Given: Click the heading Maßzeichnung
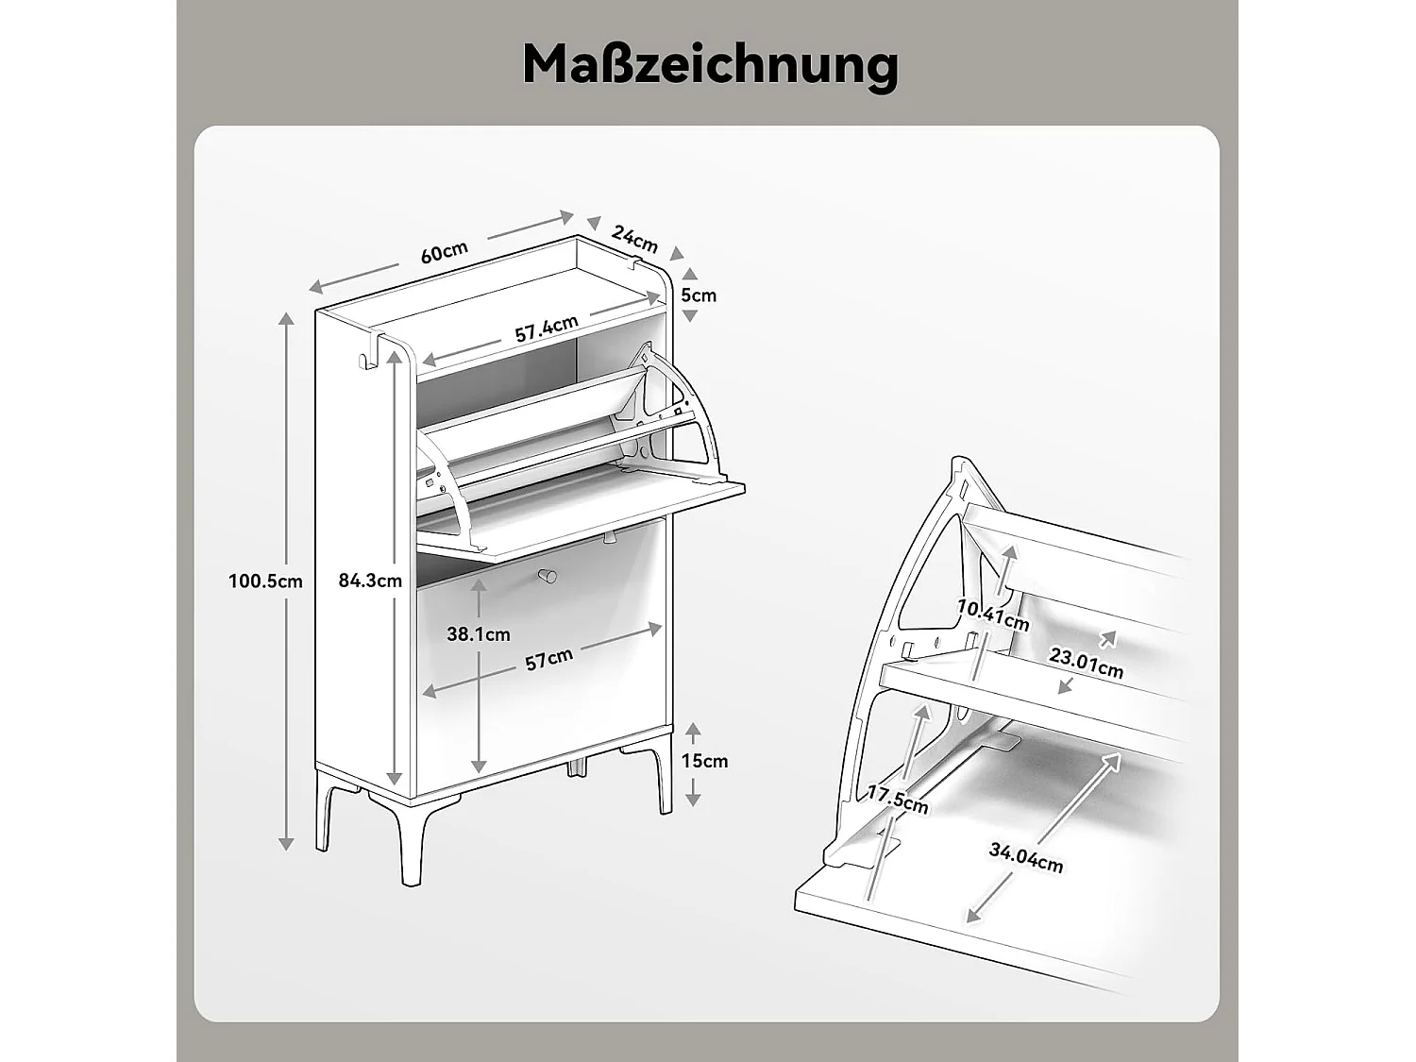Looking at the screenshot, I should [709, 64].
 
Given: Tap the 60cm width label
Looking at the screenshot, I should [444, 252].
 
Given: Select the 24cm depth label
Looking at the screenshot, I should [634, 239].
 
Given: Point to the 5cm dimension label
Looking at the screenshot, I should [699, 295].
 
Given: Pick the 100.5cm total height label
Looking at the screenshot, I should [265, 581].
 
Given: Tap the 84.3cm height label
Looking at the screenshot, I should [370, 581].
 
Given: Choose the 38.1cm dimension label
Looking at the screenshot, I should [478, 634].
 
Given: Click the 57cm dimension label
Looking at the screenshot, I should [548, 659].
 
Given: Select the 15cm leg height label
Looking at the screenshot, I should [705, 761].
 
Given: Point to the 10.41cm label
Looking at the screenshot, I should [992, 615].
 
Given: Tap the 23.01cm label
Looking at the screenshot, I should [1087, 662].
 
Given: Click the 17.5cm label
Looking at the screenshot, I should [898, 799].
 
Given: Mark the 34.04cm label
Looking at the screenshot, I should [1026, 857].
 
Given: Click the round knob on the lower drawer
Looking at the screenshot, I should [547, 575].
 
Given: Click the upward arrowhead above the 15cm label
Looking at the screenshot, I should [693, 730].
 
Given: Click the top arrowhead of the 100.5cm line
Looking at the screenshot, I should [286, 318].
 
